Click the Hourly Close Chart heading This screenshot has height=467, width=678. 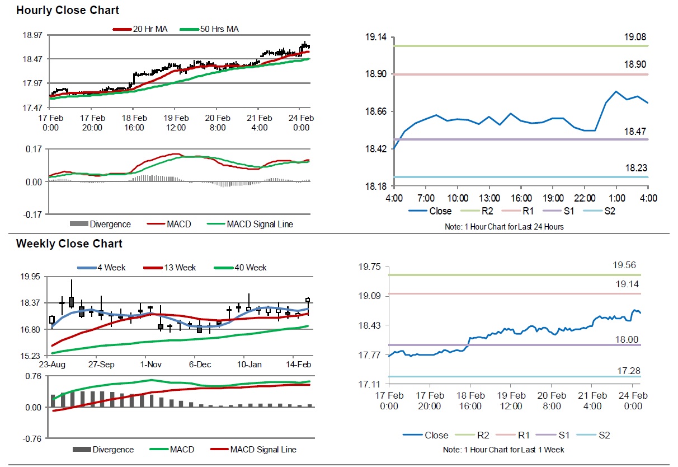67,10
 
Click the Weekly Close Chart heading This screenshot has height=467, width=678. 69,244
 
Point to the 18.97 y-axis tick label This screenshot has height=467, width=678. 32,35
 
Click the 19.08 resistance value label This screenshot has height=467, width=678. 635,38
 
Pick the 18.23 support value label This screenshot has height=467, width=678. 635,168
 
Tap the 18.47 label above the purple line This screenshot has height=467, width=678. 635,130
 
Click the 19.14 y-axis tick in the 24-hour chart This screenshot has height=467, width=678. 376,37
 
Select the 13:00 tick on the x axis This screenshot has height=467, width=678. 489,198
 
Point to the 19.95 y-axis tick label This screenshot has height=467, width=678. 32,277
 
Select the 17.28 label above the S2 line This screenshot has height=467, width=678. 627,371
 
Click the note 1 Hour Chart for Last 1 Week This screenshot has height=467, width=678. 503,450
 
